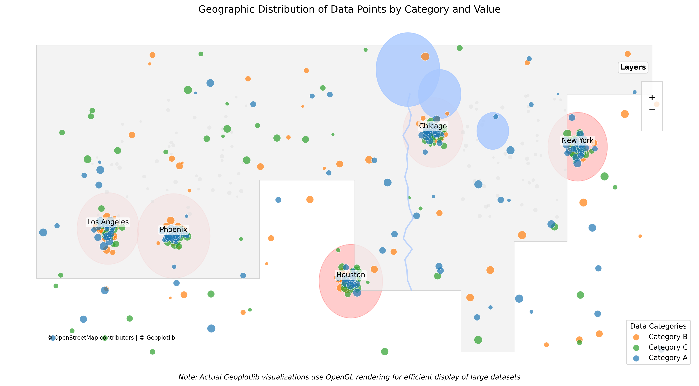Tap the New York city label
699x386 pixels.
[x=577, y=141]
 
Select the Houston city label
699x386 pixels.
[x=351, y=275]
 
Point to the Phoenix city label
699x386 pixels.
[x=173, y=230]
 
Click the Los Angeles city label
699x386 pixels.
[x=108, y=222]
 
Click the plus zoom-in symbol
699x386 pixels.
[x=652, y=97]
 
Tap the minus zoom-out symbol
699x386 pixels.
[x=652, y=110]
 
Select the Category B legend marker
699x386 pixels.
[x=636, y=337]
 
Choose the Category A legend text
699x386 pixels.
[x=668, y=358]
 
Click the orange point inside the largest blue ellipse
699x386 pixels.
[x=425, y=56]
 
